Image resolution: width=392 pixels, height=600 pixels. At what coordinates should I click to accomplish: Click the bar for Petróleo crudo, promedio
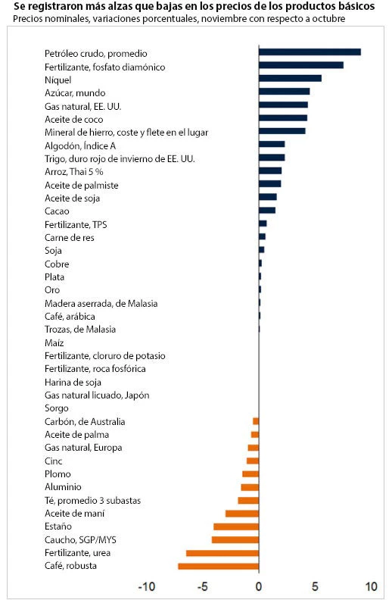(310, 52)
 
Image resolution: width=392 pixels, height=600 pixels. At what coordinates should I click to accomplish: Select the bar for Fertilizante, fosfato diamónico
(301, 65)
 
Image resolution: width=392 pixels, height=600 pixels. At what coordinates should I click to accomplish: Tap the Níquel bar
(290, 78)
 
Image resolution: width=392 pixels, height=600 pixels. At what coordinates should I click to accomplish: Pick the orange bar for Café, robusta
(218, 566)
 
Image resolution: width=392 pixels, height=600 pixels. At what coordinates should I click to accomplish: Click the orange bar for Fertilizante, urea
(222, 553)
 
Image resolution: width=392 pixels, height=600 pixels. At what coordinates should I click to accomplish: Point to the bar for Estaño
(236, 527)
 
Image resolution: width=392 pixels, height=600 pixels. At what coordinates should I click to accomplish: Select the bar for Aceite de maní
(242, 514)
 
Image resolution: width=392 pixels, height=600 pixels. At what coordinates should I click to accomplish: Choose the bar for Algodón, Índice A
(272, 144)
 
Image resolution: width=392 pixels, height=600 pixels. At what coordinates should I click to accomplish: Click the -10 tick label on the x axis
(147, 586)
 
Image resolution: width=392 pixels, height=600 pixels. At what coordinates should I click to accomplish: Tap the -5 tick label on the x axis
(203, 586)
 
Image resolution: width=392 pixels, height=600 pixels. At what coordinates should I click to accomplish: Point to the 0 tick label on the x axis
(259, 586)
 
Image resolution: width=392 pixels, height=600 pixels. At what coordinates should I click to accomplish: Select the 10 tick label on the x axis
(371, 586)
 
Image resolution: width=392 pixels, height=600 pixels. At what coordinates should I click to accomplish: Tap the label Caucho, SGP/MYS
(80, 539)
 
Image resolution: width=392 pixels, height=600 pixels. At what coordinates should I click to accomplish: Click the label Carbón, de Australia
(85, 421)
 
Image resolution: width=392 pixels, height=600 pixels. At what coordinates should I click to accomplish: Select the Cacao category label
(58, 211)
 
